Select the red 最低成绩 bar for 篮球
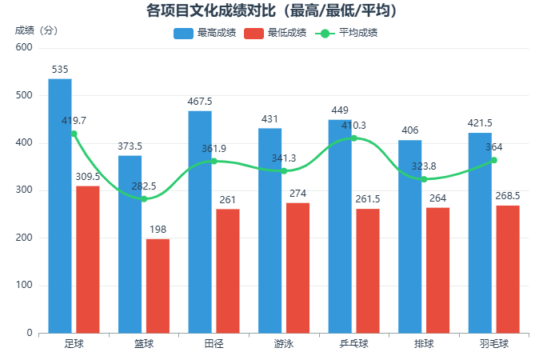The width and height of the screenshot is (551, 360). click(158, 286)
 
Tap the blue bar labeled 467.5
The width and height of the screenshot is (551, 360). click(200, 222)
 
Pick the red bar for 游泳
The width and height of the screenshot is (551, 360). click(297, 267)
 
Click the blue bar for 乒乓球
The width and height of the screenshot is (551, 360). click(340, 226)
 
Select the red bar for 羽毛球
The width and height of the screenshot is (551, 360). click(508, 269)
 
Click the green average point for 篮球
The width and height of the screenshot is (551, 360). click(144, 198)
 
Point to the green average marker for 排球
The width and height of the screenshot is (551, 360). click(424, 179)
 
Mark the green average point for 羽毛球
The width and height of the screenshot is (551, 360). click(494, 160)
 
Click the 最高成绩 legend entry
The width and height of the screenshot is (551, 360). click(205, 34)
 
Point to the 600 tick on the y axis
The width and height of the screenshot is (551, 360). click(25, 48)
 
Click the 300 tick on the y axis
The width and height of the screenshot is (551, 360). click(25, 190)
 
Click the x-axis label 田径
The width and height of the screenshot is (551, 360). click(214, 344)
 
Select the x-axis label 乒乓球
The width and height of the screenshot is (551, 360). click(353, 344)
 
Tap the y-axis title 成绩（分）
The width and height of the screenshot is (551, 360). click(37, 30)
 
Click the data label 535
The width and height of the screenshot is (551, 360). click(60, 70)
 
